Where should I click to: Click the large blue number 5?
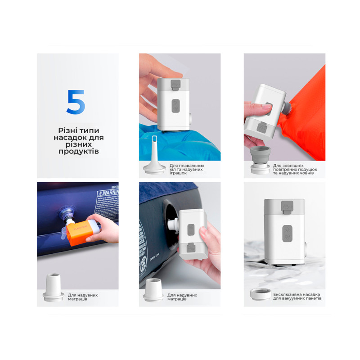pyautogui.click(x=76, y=102)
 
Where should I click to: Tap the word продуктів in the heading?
pyautogui.click(x=78, y=152)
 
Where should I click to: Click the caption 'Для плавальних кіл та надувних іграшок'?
pyautogui.click(x=187, y=169)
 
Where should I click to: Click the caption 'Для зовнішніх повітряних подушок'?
pyautogui.click(x=295, y=169)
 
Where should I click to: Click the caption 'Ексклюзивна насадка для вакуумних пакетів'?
pyautogui.click(x=297, y=296)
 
